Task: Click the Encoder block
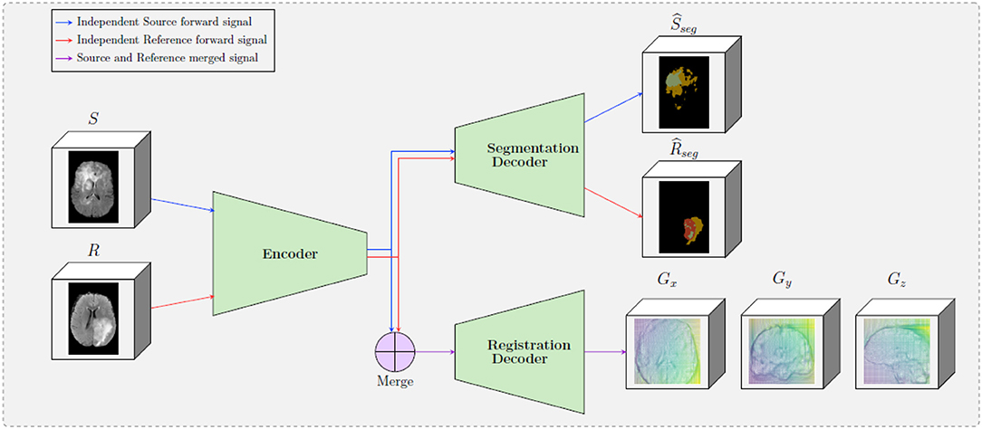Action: [289, 253]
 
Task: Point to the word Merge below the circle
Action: [394, 382]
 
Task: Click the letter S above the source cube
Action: [93, 119]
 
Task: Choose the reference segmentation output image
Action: [684, 215]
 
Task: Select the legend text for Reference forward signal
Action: [178, 40]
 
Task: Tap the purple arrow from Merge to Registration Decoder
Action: [435, 351]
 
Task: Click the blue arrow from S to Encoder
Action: [182, 205]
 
